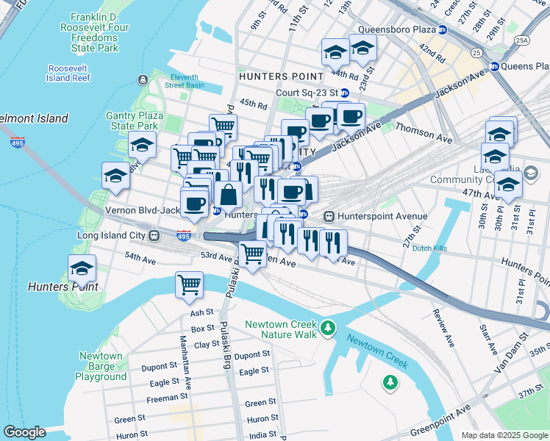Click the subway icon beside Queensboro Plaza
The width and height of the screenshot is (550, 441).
point(442,30)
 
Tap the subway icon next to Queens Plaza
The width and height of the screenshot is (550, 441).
point(495,65)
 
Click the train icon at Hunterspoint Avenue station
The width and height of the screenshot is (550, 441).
point(329,216)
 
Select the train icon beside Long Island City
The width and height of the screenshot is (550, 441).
point(154,236)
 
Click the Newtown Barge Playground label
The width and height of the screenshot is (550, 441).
point(101,366)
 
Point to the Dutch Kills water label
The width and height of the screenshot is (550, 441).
point(432,248)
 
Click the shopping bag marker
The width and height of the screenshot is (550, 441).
point(229,196)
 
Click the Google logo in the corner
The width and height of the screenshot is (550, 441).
point(24,432)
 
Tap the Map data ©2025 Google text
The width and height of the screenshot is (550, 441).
point(504,434)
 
